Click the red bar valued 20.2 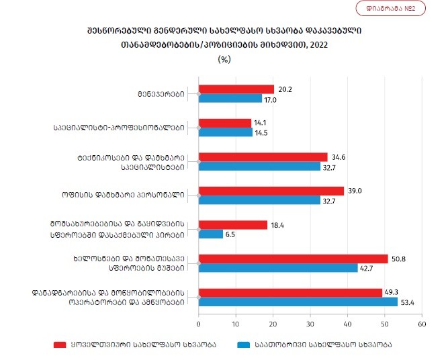point(236,89)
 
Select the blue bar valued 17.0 point(230,99)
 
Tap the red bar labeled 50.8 point(294,259)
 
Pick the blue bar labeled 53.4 point(298,302)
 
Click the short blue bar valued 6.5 point(211,234)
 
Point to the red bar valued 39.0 point(271,191)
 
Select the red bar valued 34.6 point(263,156)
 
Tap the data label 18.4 point(277,224)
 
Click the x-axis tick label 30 point(310,324)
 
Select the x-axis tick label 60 point(422,324)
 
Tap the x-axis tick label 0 point(199,324)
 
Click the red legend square point(59,345)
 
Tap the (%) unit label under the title point(224,58)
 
